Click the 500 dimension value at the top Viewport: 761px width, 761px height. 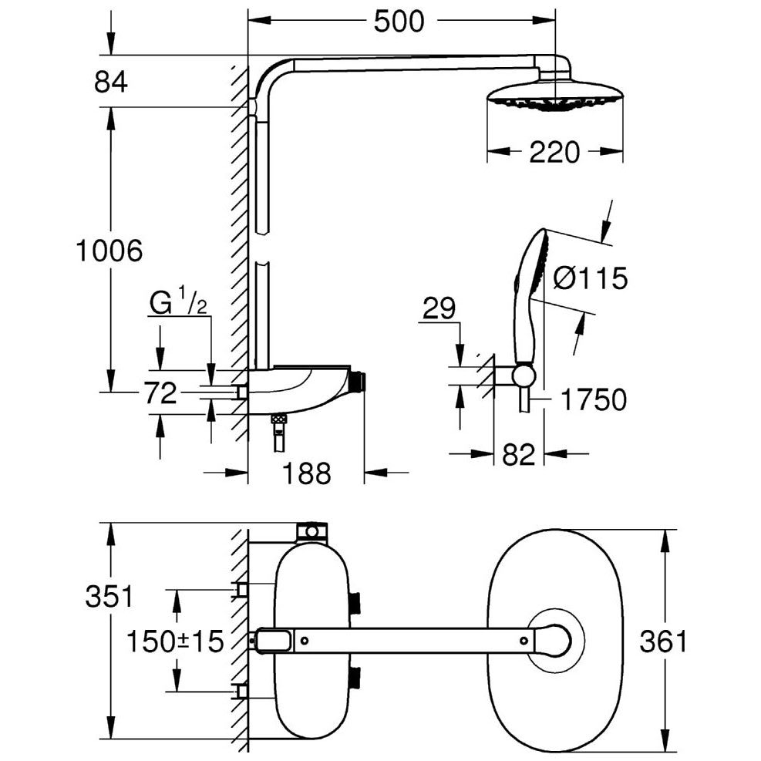point(399,22)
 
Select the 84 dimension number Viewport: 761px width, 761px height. point(110,81)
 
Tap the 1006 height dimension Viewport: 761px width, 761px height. point(109,250)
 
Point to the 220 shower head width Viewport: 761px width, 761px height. point(554,153)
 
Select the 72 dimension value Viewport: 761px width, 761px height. point(160,395)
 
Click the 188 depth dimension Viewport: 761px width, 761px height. point(305,473)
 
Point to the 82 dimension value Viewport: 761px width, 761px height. point(518,455)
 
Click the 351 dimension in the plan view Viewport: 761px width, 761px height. point(109,597)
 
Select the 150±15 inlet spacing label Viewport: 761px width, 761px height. point(175,640)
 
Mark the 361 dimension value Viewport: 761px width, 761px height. point(663,641)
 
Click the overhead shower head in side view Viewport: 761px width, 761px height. point(554,96)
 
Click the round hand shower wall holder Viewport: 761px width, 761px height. point(524,375)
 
